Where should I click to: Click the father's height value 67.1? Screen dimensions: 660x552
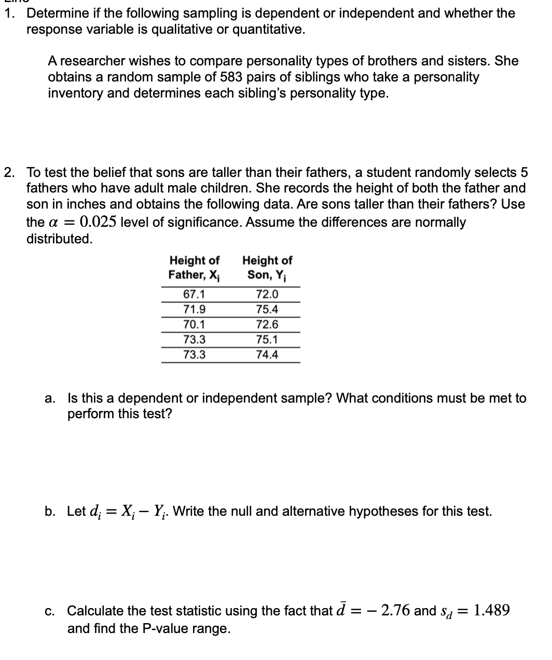pos(194,294)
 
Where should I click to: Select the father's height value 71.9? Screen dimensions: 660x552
pos(194,309)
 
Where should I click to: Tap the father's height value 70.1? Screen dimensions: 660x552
pos(194,324)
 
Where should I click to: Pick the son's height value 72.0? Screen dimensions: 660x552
pos(267,294)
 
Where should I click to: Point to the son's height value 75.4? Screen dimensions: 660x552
pos(267,309)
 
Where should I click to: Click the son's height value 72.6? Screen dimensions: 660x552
pos(267,324)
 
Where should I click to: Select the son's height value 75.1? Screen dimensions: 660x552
pos(267,339)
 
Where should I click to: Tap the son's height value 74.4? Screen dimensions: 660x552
pos(267,354)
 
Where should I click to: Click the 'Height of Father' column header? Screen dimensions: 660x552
pos(195,267)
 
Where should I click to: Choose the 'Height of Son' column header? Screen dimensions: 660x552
pos(267,267)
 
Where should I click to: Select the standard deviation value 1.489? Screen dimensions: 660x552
pos(492,610)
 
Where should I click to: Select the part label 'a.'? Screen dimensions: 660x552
pos(50,398)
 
